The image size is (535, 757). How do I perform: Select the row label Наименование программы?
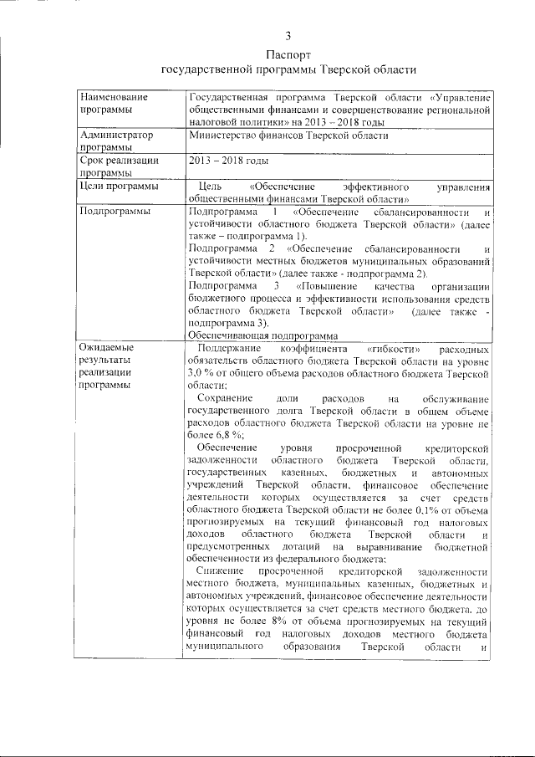pyautogui.click(x=110, y=105)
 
